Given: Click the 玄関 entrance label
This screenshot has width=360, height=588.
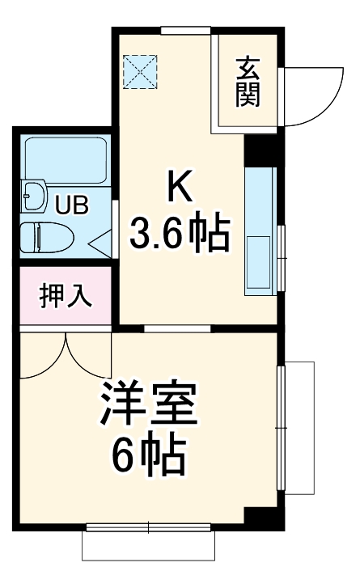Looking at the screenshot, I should click(x=247, y=81).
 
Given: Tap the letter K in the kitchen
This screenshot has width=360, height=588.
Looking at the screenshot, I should click(x=180, y=188).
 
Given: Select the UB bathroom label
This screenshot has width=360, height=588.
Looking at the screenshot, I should click(x=71, y=205).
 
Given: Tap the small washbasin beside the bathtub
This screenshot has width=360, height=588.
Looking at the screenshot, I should click(x=35, y=197).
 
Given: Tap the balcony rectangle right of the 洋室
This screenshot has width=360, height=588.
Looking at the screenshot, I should click(x=299, y=427).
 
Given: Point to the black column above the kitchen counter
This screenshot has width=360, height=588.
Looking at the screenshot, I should click(x=260, y=149).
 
